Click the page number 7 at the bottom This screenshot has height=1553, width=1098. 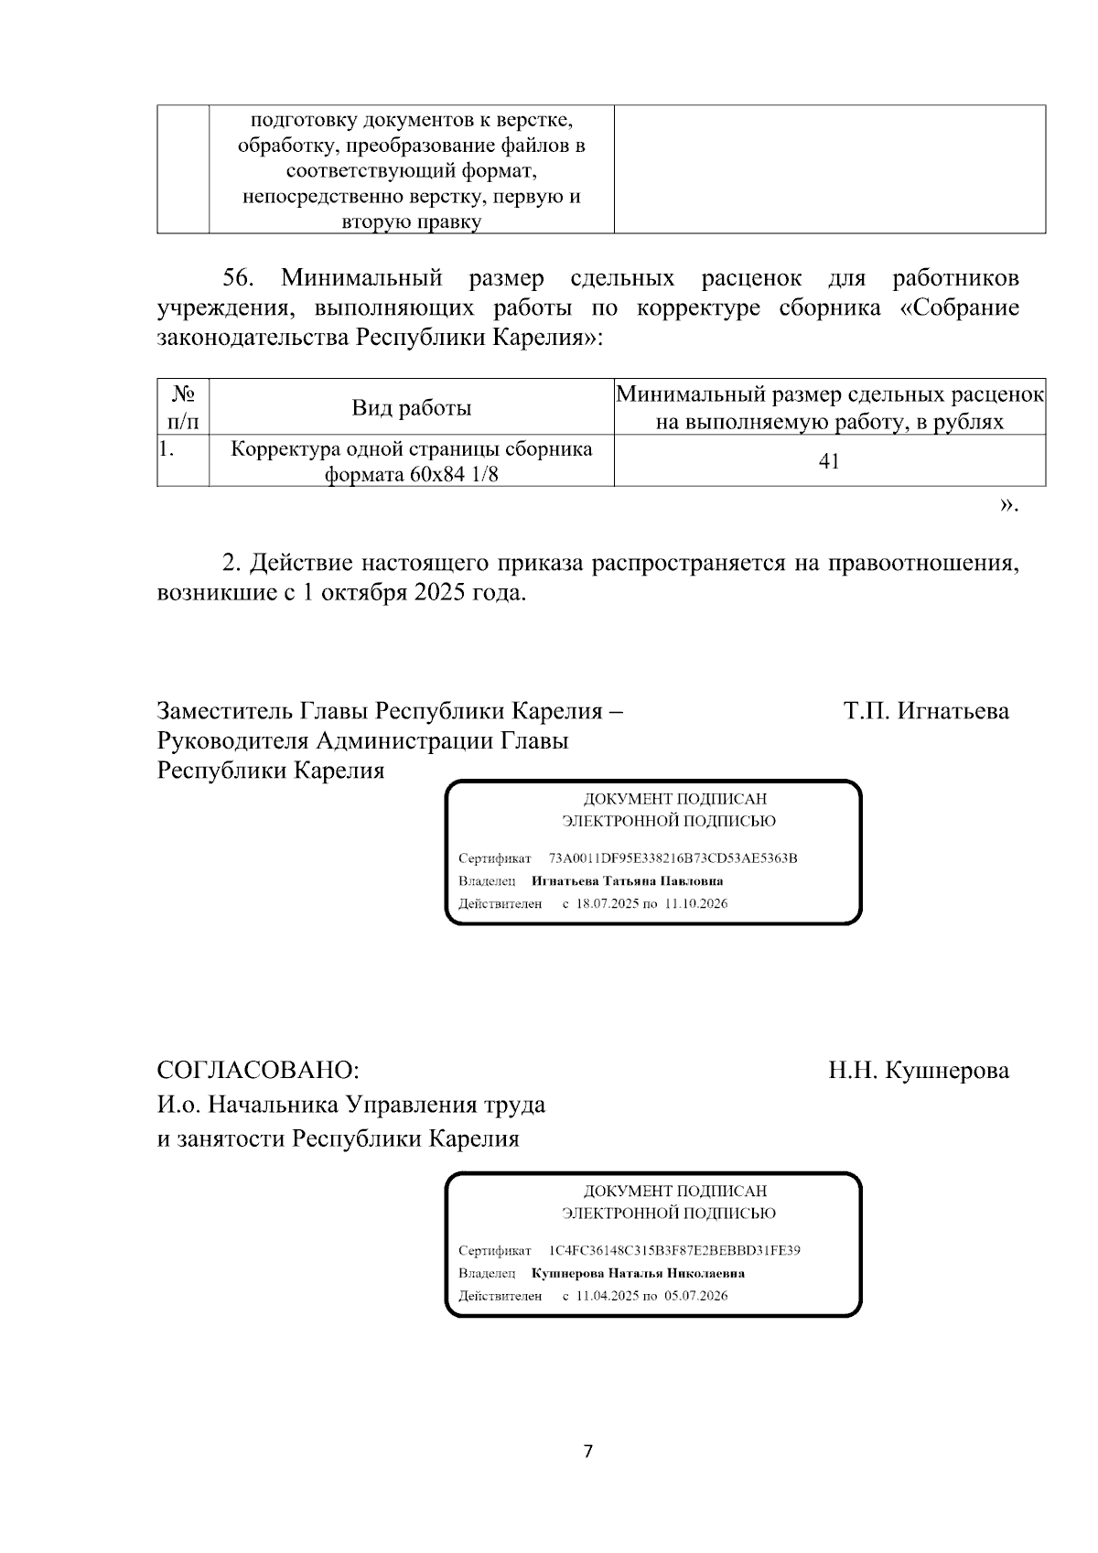[587, 1451]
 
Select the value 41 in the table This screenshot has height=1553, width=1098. [829, 461]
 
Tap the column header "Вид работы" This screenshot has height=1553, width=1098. [412, 408]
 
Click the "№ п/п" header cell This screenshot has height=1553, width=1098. [183, 408]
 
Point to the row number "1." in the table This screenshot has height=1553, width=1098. [167, 449]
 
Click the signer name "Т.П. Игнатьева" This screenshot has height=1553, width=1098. [926, 711]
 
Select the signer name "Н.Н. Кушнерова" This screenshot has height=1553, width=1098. [919, 1070]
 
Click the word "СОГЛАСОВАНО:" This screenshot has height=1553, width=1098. [258, 1070]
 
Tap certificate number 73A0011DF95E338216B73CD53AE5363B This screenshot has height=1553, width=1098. [673, 858]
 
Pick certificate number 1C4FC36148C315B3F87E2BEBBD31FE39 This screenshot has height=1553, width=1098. [674, 1250]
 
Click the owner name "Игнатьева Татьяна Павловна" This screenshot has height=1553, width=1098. [627, 881]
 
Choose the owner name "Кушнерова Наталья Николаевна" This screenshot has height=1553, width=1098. [638, 1273]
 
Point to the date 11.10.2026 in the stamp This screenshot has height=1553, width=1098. [696, 904]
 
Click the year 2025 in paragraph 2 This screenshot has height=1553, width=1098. [444, 592]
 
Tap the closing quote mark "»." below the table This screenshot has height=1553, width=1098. [1008, 504]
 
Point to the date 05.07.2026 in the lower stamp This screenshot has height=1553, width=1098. [696, 1296]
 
